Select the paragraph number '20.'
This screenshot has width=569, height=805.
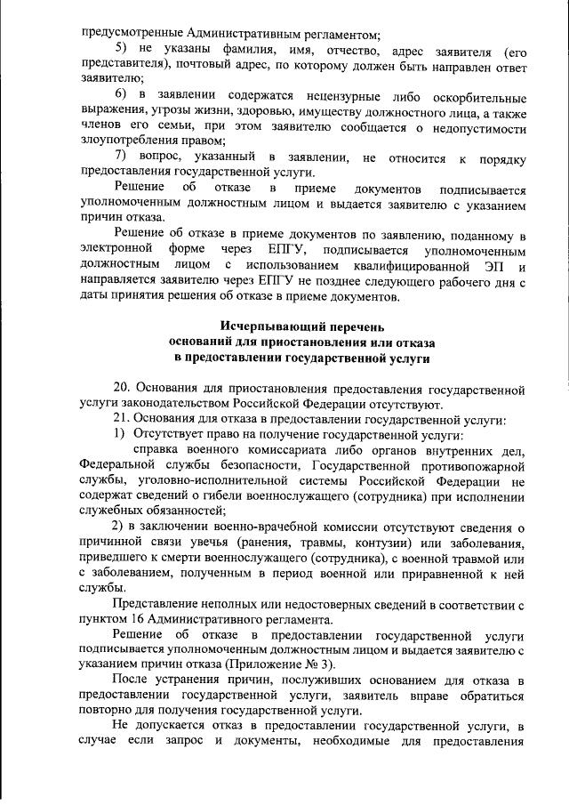point(124,389)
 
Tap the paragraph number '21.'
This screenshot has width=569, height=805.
point(124,419)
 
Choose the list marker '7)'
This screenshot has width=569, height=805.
point(124,157)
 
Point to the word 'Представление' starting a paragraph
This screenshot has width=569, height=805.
point(156,605)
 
